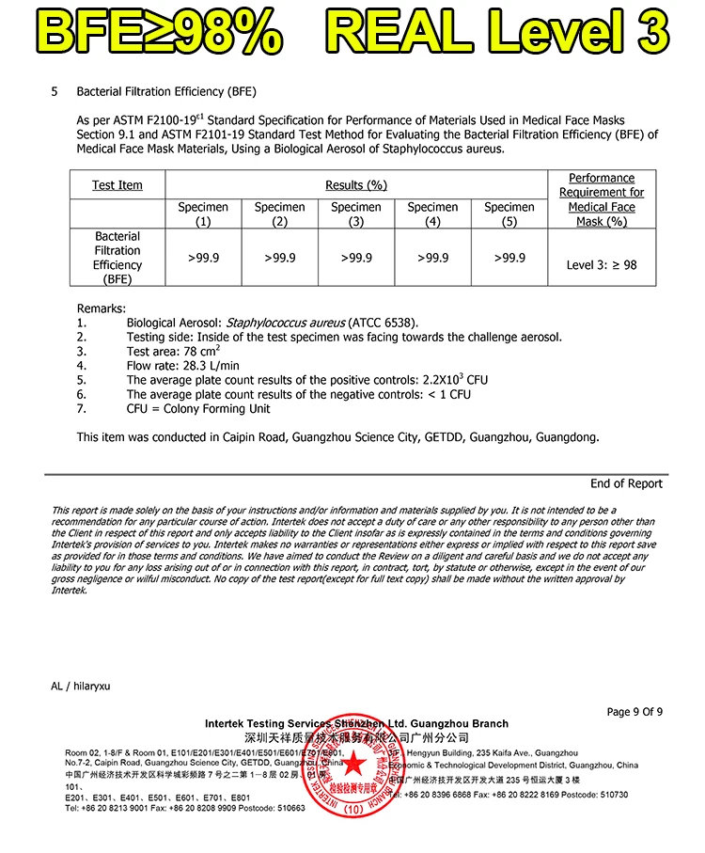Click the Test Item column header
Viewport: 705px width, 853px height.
(117, 185)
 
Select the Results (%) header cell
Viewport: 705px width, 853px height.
(356, 185)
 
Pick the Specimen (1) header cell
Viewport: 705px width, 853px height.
(203, 214)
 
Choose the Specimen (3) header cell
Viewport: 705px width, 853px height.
(356, 214)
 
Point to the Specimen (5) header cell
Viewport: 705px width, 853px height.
(509, 214)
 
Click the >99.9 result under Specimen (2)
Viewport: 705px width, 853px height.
(279, 258)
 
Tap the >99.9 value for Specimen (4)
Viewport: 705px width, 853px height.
(432, 258)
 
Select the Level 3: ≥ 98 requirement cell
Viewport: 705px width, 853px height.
(602, 265)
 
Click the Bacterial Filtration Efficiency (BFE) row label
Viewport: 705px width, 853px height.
(117, 258)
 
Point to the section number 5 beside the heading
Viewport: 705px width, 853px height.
(55, 91)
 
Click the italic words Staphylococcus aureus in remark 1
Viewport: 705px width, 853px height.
(286, 323)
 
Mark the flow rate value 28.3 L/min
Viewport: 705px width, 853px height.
(210, 366)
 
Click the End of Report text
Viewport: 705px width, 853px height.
(626, 483)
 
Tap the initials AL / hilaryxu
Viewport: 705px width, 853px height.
(81, 687)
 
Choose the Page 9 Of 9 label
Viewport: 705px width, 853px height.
(634, 712)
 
